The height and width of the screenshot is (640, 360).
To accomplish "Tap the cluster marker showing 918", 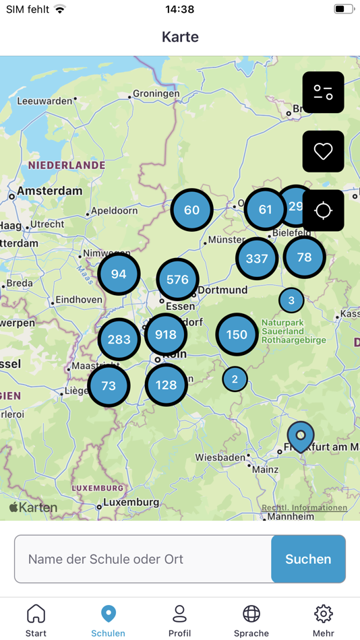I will tap(166, 334).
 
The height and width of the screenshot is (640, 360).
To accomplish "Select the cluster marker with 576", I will tap(177, 279).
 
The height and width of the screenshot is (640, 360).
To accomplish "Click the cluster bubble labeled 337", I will tap(257, 258).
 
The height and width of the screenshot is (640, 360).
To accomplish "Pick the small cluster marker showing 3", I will tap(291, 300).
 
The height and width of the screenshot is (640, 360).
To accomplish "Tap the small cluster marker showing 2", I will tap(235, 379).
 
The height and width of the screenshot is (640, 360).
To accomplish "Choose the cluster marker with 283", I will tap(119, 339).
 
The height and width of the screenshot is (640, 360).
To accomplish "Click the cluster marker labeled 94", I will tap(119, 274).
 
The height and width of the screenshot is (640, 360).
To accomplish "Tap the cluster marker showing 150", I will tap(237, 334).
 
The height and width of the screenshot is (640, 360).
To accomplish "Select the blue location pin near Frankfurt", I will tap(301, 435).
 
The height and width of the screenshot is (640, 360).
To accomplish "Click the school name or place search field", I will tap(143, 559).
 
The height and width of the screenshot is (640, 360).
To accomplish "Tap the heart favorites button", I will tap(323, 152).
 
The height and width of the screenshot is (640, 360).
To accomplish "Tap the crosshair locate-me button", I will tap(323, 210).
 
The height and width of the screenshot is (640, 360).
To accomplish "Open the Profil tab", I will tap(179, 620).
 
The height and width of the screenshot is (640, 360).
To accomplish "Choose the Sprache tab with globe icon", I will tap(251, 620).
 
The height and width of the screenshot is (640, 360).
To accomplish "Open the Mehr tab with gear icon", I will tap(324, 620).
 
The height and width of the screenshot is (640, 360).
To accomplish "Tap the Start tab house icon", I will tap(36, 620).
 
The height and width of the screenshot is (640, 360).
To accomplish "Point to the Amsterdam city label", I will tap(49, 191).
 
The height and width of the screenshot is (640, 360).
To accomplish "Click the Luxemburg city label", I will tap(131, 503).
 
